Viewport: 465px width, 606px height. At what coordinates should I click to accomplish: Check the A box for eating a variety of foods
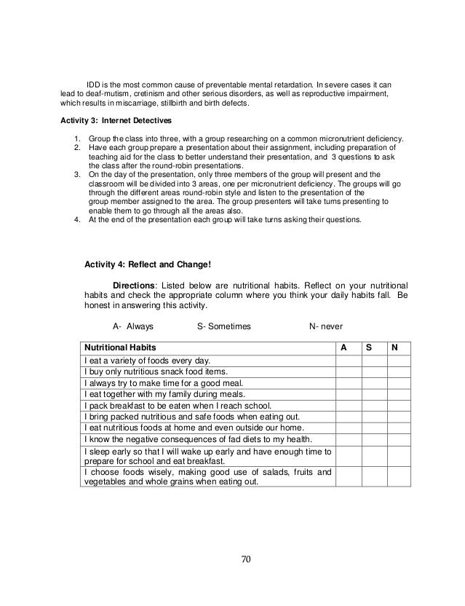pyautogui.click(x=348, y=360)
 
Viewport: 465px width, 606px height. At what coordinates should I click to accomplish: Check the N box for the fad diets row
pyautogui.click(x=399, y=439)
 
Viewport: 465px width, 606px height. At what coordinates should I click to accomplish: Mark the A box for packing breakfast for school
pyautogui.click(x=348, y=406)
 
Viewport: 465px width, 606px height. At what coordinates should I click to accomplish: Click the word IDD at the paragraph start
pyautogui.click(x=95, y=84)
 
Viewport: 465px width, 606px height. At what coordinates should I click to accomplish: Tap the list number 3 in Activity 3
pyautogui.click(x=78, y=175)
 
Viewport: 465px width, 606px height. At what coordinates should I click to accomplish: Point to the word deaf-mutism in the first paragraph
pyautogui.click(x=98, y=94)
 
